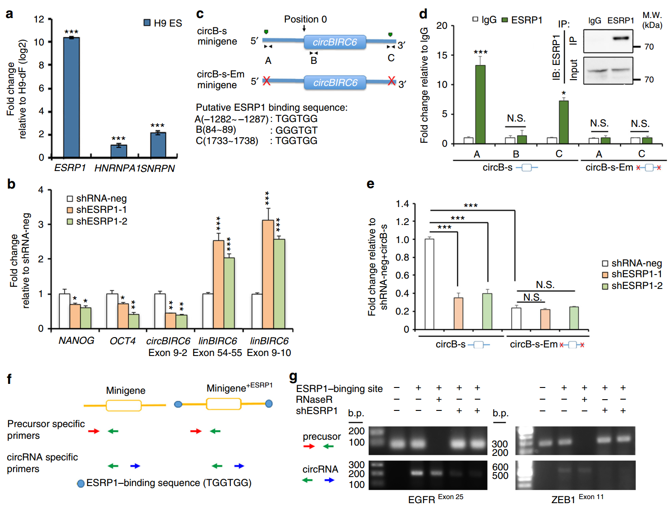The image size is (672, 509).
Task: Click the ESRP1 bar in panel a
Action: coord(72,97)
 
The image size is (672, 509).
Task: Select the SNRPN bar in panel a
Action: coord(158,144)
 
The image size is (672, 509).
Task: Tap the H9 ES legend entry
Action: coord(162,23)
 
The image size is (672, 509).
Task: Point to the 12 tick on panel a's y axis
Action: coord(39,19)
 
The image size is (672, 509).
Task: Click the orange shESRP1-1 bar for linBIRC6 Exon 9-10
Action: coord(268,274)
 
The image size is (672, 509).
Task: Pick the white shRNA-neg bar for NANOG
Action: coord(64,311)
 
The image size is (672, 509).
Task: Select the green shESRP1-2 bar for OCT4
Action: coord(134,321)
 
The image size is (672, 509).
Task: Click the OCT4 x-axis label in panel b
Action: coord(122,341)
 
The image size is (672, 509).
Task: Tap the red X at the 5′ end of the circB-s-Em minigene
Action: coord(266,81)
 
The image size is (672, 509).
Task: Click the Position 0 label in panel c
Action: coord(305,19)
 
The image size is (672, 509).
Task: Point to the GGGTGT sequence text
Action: coord(296,130)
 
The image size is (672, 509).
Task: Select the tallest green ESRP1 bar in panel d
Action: coord(480,104)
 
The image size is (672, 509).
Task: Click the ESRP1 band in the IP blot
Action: coord(621,38)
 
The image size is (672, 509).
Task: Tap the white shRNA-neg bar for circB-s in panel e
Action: coord(429,284)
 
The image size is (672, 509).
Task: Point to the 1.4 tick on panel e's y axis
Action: coord(402,204)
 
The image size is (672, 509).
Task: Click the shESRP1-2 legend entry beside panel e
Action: coord(632,286)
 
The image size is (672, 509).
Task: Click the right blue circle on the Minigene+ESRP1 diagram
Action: coord(269,404)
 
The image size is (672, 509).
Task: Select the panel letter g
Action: coord(293,376)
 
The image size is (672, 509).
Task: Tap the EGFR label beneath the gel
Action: coord(421,500)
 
